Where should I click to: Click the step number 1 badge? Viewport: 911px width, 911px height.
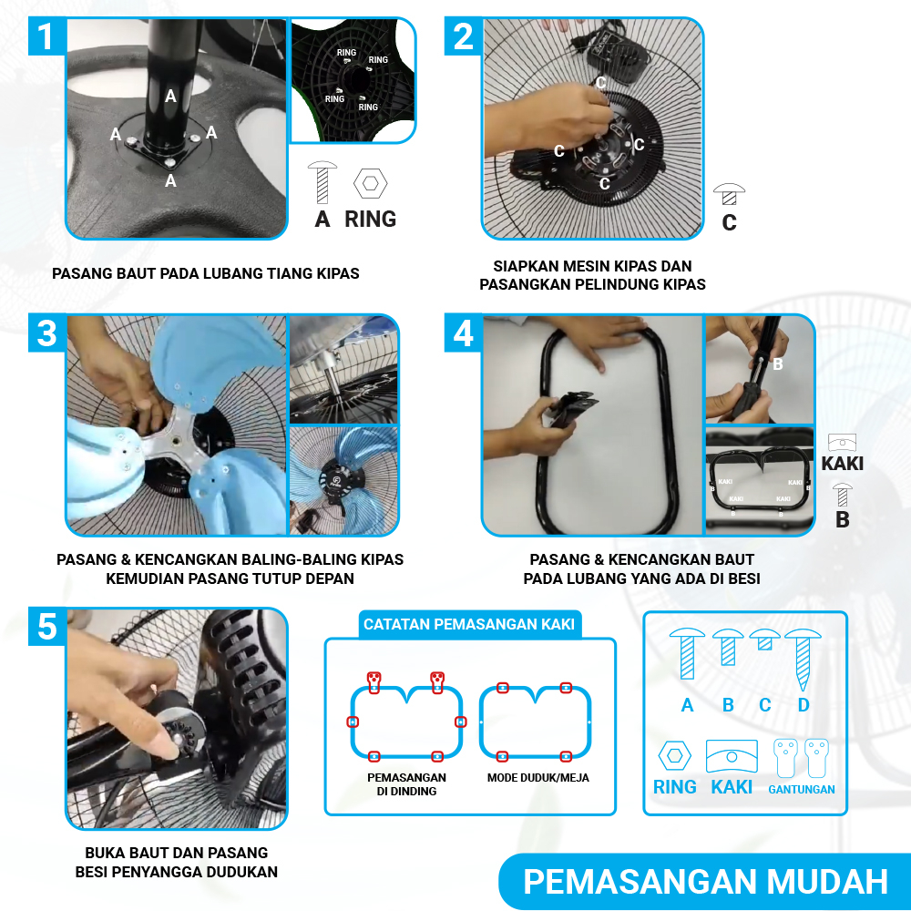47,36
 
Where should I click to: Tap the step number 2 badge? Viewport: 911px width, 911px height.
463,36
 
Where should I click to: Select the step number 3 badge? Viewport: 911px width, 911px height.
47,333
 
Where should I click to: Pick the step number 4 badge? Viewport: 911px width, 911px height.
463,333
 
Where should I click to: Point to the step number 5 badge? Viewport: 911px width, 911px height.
47,627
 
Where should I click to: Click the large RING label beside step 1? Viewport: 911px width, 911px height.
370,219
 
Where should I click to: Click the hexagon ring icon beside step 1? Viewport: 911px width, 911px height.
370,184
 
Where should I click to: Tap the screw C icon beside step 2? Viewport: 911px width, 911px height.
729,194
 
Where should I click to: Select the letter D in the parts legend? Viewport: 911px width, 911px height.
804,705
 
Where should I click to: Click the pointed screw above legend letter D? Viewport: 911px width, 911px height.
803,659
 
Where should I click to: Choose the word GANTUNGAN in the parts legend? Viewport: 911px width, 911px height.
801,789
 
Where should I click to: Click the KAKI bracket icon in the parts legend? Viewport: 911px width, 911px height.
732,756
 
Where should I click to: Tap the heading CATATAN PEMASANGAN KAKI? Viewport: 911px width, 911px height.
469,624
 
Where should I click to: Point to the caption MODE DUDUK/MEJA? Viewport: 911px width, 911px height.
538,777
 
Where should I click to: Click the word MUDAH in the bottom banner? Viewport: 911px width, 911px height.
827,881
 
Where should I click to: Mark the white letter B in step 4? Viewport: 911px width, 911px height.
778,363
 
